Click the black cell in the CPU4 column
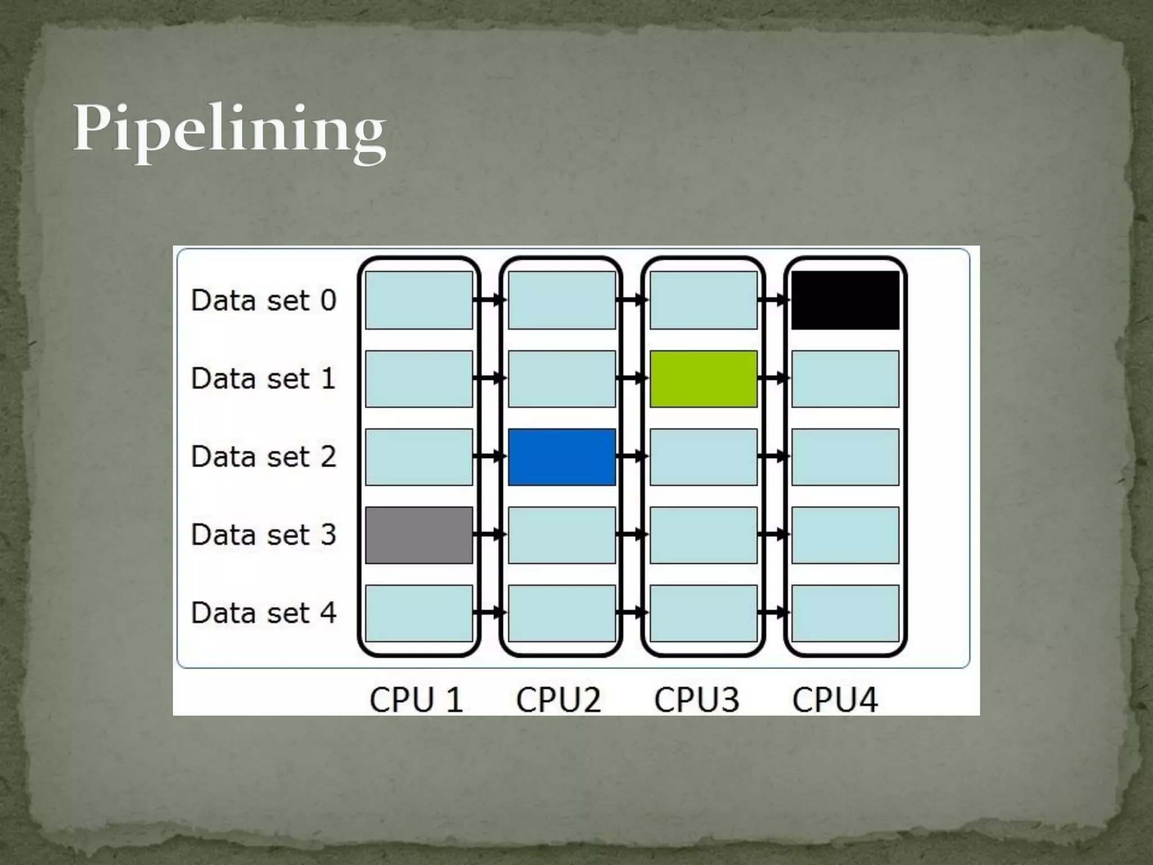(845, 300)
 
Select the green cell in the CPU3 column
(703, 378)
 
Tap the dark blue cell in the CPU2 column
(561, 457)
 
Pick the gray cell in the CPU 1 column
(419, 535)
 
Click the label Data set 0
(263, 300)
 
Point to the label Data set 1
(263, 378)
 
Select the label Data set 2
(263, 457)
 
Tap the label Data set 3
(263, 535)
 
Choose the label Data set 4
(263, 613)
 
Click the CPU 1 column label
(416, 700)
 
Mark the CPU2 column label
(558, 700)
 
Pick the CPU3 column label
(696, 700)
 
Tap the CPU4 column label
(835, 700)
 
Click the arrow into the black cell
(774, 300)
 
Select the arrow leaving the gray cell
(490, 534)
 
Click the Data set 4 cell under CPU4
(845, 613)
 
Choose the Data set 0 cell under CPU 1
(419, 300)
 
